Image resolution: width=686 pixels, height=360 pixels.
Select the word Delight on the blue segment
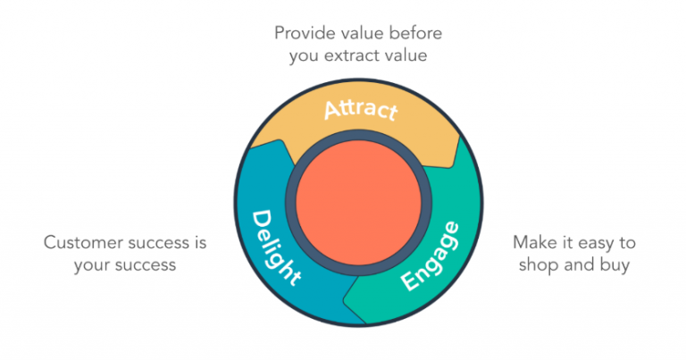(274, 247)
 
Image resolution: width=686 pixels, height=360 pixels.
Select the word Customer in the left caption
(79, 242)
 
